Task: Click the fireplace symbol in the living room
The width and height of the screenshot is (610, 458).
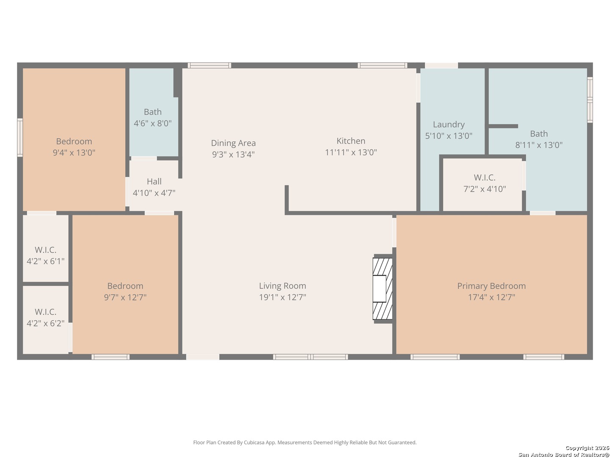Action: (383, 288)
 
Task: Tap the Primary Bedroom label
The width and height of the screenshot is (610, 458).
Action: (491, 286)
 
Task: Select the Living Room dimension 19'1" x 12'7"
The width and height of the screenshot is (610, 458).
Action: (283, 297)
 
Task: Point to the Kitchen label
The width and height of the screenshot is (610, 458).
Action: (351, 141)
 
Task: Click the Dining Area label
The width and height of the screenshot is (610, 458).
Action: (233, 143)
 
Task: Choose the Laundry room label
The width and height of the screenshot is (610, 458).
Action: (449, 125)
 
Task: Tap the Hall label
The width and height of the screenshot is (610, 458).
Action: (154, 182)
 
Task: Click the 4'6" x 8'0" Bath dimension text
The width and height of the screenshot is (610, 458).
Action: (152, 123)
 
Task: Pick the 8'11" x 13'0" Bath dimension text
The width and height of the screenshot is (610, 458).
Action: (539, 145)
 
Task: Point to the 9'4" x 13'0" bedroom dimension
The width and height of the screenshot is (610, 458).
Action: (74, 153)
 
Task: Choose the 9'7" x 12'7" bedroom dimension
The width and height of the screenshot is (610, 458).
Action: (125, 297)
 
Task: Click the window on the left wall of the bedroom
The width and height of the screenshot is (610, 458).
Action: (20, 137)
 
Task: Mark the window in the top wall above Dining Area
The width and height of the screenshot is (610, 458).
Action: (209, 65)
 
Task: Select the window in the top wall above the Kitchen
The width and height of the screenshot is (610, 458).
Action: (383, 65)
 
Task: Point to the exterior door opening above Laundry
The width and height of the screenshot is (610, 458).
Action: (441, 65)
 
